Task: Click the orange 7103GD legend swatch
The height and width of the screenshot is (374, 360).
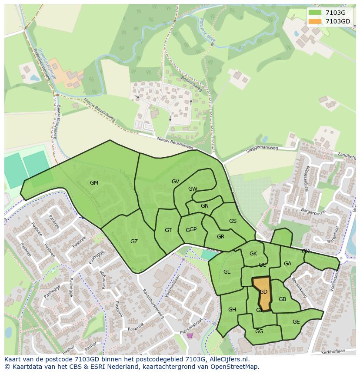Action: click(315, 21)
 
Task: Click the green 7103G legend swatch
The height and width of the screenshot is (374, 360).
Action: click(315, 13)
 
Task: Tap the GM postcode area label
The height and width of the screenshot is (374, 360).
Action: click(94, 183)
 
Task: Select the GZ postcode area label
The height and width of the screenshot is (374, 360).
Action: click(134, 241)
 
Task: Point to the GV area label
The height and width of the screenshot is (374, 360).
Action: click(175, 182)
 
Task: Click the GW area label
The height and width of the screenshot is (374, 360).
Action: click(193, 189)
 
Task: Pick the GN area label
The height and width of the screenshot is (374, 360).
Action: click(204, 206)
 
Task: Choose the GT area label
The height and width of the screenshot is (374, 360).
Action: click(168, 230)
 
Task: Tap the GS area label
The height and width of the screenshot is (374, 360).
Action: click(233, 221)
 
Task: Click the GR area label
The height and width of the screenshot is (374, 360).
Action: click(220, 237)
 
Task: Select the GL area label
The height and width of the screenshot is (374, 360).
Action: click(227, 272)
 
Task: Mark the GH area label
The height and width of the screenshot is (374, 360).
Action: click(232, 310)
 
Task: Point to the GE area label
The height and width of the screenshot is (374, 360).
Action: click(296, 322)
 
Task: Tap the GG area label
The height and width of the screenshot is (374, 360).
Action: click(259, 331)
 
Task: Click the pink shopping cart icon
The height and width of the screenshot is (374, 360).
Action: click(190, 335)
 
